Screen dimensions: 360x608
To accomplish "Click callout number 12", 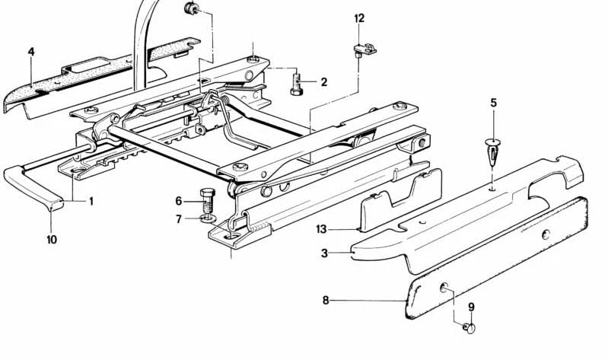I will (x=359, y=18).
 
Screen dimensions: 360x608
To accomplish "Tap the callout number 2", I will (x=323, y=82).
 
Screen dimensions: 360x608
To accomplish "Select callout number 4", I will (x=31, y=52).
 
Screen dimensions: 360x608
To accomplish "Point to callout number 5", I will (x=493, y=102).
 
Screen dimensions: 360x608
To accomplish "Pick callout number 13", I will (x=321, y=228).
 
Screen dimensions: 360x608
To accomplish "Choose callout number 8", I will (x=326, y=301).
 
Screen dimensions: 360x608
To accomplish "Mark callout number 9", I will (x=470, y=307).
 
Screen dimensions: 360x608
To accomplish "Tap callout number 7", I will (x=179, y=219).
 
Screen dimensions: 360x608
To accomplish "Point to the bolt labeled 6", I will (x=208, y=199).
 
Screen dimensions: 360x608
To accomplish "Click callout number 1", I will (x=91, y=202).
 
